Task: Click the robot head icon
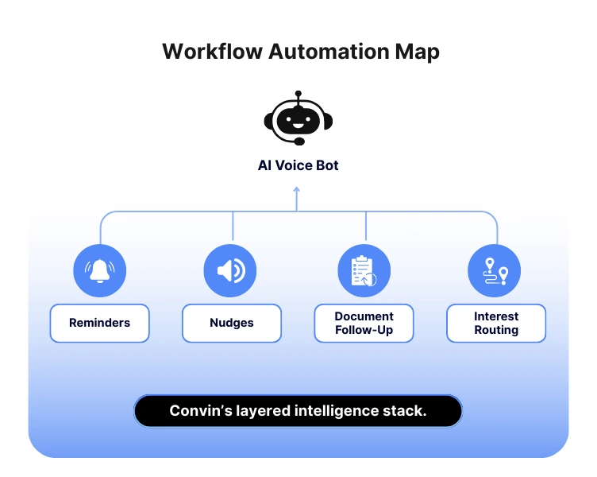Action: pos(298,120)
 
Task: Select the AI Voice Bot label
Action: pos(298,166)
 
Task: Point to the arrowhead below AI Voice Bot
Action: pos(297,189)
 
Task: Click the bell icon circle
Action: pos(100,270)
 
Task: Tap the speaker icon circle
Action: pos(231,270)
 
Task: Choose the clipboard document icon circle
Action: pos(364,270)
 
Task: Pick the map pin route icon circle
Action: pos(496,270)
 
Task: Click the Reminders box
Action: pos(99,323)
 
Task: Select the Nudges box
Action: pos(231,323)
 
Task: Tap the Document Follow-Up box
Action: pos(364,323)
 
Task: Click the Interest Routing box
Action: pos(496,323)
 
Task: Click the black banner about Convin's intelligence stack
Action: pos(298,411)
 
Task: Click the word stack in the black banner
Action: pos(406,411)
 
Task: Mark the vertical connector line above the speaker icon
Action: pos(233,227)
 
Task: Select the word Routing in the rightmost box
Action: pos(496,330)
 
